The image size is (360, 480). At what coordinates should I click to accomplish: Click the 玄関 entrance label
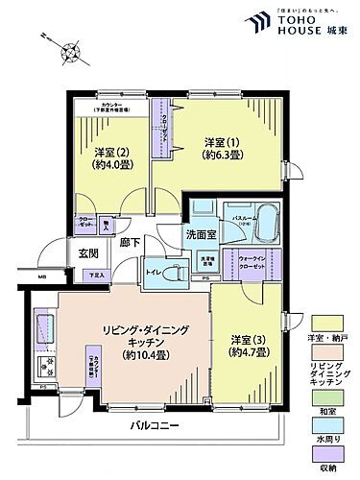pyautogui.click(x=88, y=253)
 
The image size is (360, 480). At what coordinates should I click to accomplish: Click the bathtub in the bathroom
pyautogui.click(x=265, y=230)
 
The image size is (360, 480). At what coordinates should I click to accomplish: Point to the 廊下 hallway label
pyautogui.click(x=129, y=244)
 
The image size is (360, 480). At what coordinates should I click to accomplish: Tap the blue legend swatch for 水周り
pyautogui.click(x=327, y=423)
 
